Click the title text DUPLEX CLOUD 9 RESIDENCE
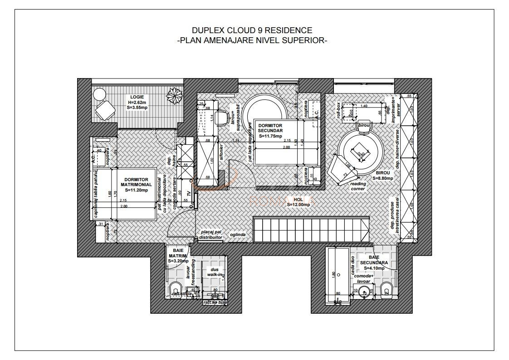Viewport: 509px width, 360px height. click(252, 30)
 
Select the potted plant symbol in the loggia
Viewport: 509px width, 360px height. click(174, 96)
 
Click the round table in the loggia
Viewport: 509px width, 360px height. click(99, 94)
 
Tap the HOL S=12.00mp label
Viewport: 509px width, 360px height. click(298, 202)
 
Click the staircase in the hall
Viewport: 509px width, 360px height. click(310, 230)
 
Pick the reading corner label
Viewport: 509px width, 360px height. click(357, 186)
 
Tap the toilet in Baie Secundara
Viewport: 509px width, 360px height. click(387, 289)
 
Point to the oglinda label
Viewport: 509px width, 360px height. click(238, 235)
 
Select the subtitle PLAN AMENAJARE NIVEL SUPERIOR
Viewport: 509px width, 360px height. click(252, 40)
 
